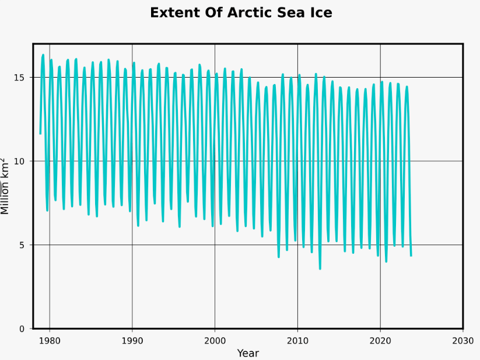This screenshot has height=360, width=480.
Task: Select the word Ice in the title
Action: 319,13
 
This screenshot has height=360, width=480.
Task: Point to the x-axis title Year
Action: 248,353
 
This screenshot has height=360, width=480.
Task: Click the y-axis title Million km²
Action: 6,186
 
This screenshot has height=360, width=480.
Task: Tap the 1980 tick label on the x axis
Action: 50,340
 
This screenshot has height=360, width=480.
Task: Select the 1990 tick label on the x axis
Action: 132,340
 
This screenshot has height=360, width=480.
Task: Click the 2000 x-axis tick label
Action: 215,340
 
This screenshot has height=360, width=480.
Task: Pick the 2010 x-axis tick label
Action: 297,340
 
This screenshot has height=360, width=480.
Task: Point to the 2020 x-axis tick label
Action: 380,340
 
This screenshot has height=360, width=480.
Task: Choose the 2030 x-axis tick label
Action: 463,340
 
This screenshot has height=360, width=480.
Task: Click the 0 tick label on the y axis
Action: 22,329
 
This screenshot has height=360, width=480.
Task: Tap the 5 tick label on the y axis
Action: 22,245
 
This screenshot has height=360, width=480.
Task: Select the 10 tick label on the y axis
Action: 20,161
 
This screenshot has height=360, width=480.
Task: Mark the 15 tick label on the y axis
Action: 20,78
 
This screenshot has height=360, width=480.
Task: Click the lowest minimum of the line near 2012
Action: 320,268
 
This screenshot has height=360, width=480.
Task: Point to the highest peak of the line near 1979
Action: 43,55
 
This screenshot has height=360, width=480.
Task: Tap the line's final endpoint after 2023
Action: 411,256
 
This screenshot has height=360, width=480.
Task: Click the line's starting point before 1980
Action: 40,134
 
